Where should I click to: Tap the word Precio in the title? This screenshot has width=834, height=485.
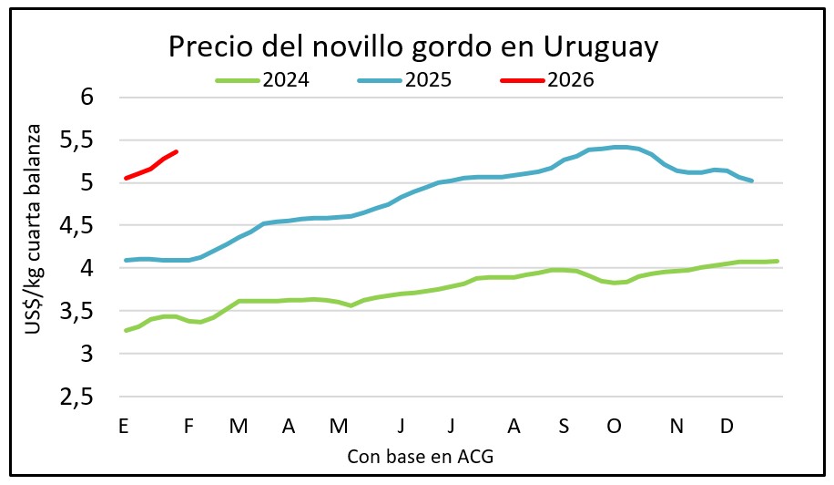pyautogui.click(x=205, y=47)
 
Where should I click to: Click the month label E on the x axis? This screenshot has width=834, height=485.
pyautogui.click(x=123, y=426)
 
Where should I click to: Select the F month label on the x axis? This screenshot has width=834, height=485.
pyautogui.click(x=189, y=426)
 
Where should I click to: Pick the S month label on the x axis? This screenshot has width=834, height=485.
pyautogui.click(x=564, y=426)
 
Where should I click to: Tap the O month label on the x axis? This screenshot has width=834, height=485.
pyautogui.click(x=613, y=426)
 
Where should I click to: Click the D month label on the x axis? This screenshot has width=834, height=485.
pyautogui.click(x=727, y=426)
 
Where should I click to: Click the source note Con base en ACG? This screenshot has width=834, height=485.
pyautogui.click(x=420, y=456)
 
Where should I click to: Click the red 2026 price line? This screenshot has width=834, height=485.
pyautogui.click(x=150, y=168)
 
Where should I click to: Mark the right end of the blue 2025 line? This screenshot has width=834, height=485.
pyautogui.click(x=751, y=181)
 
